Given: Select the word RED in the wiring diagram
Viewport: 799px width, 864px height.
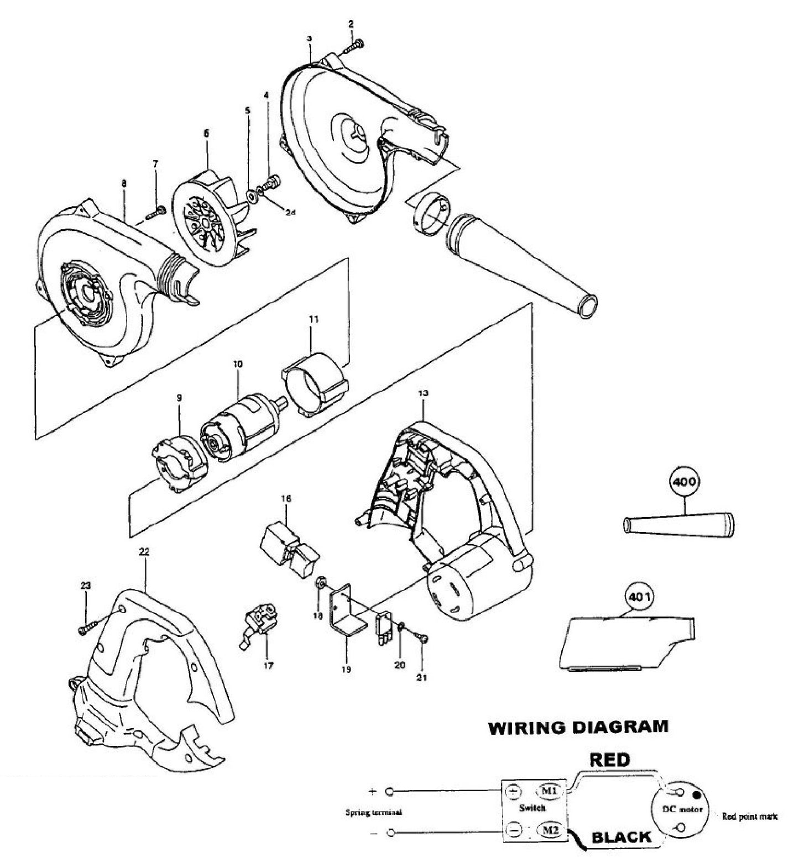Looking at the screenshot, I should pyautogui.click(x=609, y=760).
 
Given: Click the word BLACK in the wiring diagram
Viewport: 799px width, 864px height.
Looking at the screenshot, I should pyautogui.click(x=622, y=837).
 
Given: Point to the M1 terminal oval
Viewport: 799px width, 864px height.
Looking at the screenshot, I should pyautogui.click(x=550, y=792).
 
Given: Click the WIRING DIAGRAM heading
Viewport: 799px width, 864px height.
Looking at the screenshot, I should pyautogui.click(x=577, y=726).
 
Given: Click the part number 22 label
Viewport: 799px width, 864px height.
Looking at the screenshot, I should pyautogui.click(x=145, y=551).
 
